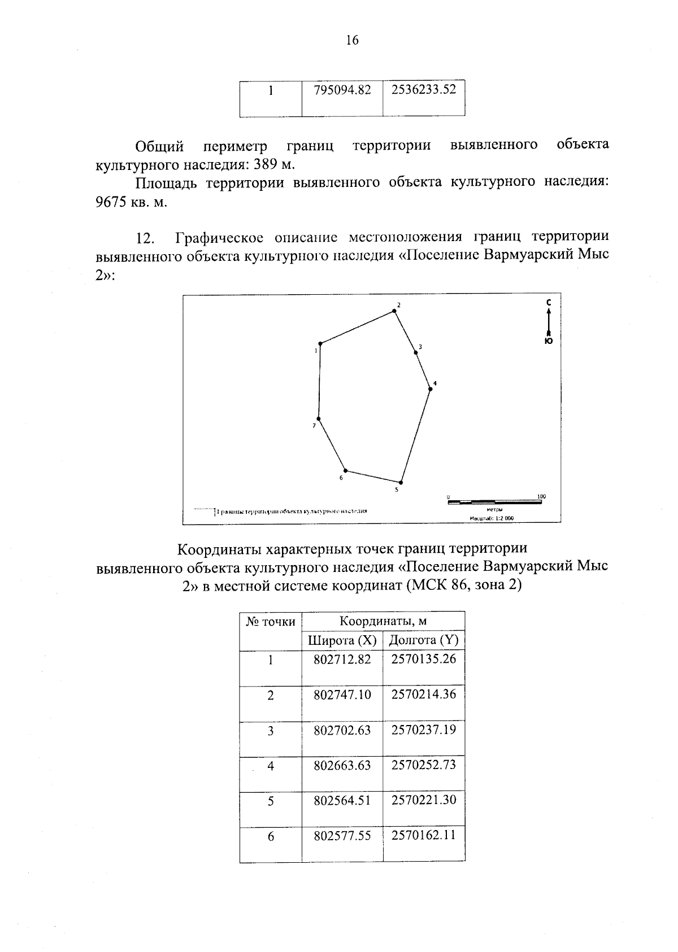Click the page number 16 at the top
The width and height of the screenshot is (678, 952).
pos(351,40)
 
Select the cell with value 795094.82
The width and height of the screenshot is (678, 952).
pos(342,90)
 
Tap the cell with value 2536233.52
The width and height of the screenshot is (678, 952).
pos(423,90)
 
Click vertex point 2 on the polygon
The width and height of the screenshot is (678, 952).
pos(394,311)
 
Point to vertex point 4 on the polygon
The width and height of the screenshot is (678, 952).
pos(430,388)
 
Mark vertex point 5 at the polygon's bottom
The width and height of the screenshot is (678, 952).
pos(401,482)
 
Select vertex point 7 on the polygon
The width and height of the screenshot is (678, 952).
pos(319,419)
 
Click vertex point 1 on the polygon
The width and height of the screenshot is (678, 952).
pos(320,343)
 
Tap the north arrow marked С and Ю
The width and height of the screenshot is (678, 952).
pos(547,322)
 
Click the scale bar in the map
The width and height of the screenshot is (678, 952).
pos(494,501)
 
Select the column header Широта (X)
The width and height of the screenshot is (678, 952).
pos(342,640)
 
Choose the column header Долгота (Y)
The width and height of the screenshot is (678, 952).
pos(424,640)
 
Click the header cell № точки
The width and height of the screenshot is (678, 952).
pos(271,622)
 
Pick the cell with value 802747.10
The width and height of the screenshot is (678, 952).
pos(342,695)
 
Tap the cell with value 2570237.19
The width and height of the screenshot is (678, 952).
pos(423,730)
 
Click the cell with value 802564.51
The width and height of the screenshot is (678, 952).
pos(342,800)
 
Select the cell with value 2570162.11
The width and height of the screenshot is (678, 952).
pos(423,835)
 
